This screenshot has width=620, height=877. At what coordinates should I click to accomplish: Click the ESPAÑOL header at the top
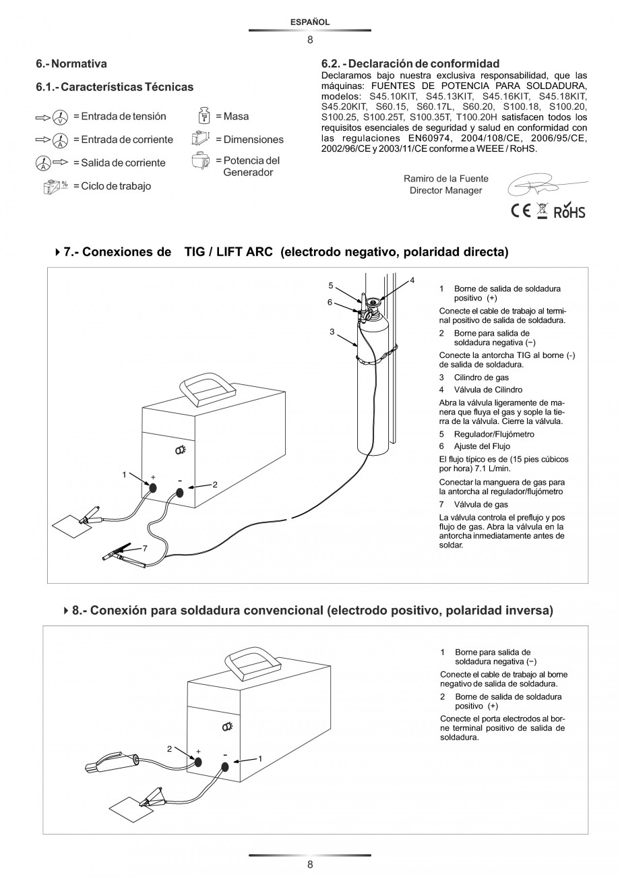[x=309, y=22]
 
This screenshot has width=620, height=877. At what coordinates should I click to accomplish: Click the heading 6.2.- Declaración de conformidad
[x=410, y=63]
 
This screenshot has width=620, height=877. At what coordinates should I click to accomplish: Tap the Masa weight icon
[x=204, y=116]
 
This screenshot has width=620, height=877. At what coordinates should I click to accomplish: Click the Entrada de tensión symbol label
[x=119, y=117]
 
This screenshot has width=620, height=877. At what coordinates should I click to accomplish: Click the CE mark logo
[x=520, y=211]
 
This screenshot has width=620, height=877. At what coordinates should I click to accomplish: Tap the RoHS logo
[x=569, y=212]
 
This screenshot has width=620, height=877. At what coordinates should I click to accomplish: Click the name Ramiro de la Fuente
[x=445, y=179]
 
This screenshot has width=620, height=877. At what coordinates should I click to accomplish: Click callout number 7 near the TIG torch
[x=145, y=548]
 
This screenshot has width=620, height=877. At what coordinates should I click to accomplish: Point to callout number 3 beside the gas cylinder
[x=332, y=332]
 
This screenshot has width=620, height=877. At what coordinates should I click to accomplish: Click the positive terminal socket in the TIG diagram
[x=153, y=487]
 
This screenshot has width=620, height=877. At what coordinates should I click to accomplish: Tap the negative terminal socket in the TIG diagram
[x=180, y=493]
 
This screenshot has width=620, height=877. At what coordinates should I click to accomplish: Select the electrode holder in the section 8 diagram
[x=111, y=764]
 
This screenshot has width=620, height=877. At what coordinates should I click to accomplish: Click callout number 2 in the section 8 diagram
[x=169, y=748]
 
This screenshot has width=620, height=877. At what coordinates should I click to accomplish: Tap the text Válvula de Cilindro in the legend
[x=488, y=390]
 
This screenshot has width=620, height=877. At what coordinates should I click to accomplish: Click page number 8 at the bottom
[x=309, y=865]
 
